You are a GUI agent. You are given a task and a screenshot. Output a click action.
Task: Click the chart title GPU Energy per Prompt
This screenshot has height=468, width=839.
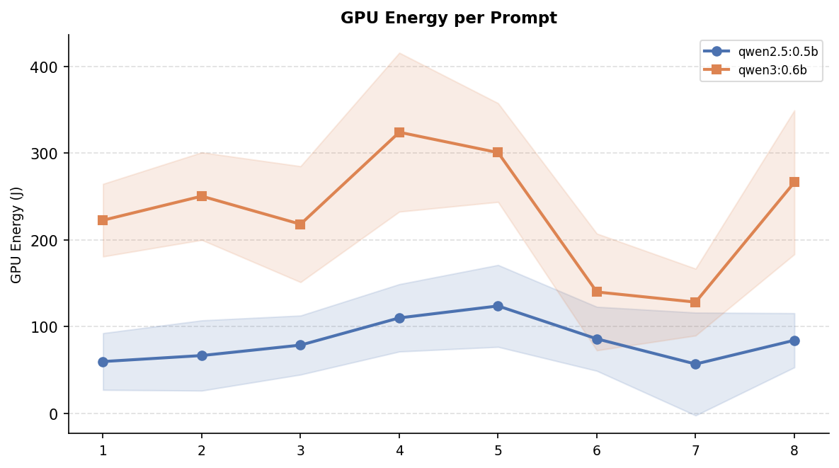point(448,18)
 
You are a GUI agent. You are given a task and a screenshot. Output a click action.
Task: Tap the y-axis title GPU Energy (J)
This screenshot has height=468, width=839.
point(17,234)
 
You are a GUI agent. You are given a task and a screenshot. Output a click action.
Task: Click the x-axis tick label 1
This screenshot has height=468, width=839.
point(103,450)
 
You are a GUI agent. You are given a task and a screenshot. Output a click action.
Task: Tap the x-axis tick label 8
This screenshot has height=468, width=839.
point(794,450)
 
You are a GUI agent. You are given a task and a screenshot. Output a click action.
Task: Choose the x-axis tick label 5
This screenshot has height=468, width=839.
point(498,450)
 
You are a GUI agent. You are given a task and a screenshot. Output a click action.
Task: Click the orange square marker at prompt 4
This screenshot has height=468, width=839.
point(399,132)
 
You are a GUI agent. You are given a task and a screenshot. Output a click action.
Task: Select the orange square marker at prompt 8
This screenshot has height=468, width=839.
point(794,182)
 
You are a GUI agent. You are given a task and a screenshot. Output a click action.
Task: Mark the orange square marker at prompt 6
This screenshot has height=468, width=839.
point(597,292)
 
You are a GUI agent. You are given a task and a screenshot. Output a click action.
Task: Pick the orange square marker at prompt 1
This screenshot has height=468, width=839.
point(103,220)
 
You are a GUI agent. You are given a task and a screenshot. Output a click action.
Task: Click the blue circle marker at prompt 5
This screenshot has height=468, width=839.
point(498,306)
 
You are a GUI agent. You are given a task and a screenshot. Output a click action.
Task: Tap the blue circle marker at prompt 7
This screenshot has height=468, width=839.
point(695,364)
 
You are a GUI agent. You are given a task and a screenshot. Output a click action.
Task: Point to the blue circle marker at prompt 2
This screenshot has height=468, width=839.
point(202,355)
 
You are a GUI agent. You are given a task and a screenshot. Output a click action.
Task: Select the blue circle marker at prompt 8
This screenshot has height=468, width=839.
point(794,341)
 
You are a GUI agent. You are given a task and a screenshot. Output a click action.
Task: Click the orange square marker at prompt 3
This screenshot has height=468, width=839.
point(300,224)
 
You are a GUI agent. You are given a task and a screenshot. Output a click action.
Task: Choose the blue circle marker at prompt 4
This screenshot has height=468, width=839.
point(399,318)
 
